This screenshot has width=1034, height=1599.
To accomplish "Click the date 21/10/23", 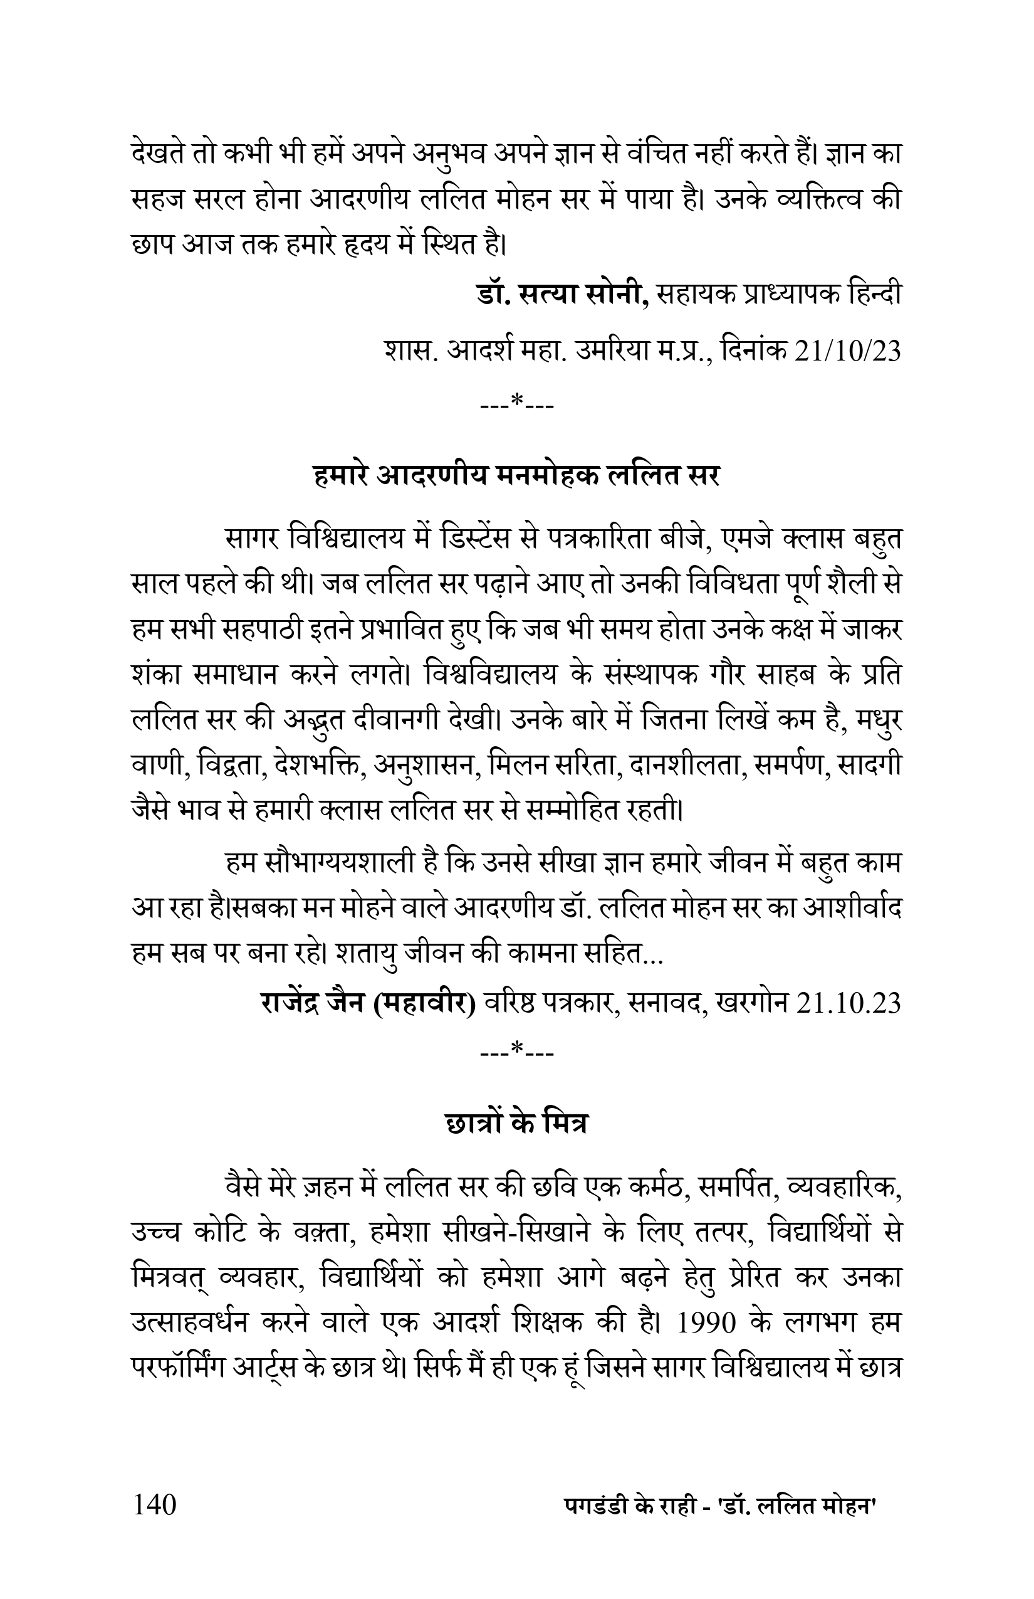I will click(x=847, y=351).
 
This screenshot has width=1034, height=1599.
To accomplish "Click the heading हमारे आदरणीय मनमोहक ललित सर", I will click(x=516, y=477).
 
